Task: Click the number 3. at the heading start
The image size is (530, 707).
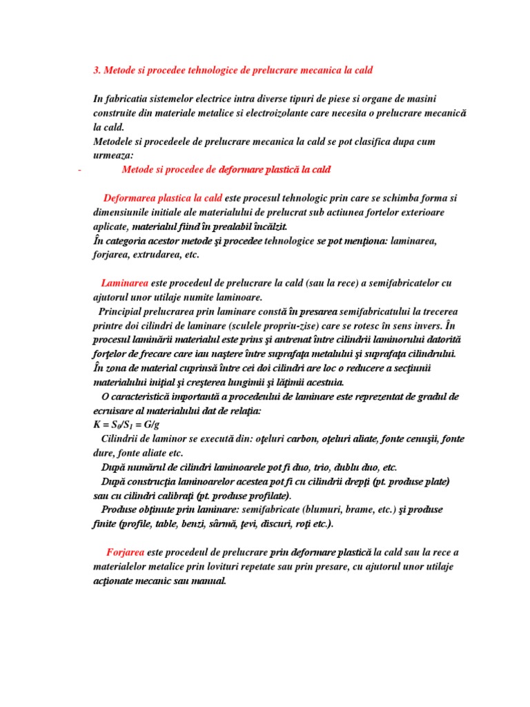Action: tap(97, 70)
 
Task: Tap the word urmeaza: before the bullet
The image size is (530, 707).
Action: tap(114, 155)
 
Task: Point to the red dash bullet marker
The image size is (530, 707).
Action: tap(80, 170)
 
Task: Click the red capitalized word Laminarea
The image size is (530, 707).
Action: tap(124, 283)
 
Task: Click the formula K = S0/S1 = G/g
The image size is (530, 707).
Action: tap(132, 425)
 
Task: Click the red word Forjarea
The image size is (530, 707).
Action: tap(126, 552)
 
